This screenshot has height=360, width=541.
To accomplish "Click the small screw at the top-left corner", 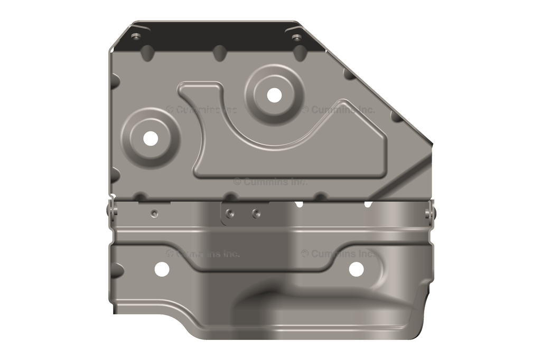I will (x=137, y=36).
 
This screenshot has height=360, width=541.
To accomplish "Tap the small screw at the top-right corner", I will (x=296, y=37).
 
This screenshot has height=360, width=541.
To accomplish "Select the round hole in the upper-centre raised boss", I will (x=274, y=95).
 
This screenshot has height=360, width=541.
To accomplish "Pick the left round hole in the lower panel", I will (x=162, y=269).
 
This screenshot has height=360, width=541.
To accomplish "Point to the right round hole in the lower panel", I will (x=356, y=269).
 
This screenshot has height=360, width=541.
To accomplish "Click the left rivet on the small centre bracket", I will (x=230, y=214).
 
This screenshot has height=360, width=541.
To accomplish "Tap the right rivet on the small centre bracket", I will (x=256, y=214).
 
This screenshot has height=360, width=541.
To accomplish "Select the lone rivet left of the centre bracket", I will (x=154, y=213).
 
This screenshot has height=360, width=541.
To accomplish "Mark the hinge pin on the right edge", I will (x=430, y=213).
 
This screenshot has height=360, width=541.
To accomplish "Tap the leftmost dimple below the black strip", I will (x=147, y=52).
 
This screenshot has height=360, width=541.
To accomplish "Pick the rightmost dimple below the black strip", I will (x=300, y=53).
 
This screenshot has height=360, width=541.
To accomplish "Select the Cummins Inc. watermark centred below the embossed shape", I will (x=270, y=182).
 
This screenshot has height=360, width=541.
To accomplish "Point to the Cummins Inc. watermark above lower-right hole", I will (x=338, y=254).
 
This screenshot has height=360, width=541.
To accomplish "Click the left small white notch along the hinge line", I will (x=299, y=204).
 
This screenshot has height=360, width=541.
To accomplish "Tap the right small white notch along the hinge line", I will (x=368, y=204).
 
